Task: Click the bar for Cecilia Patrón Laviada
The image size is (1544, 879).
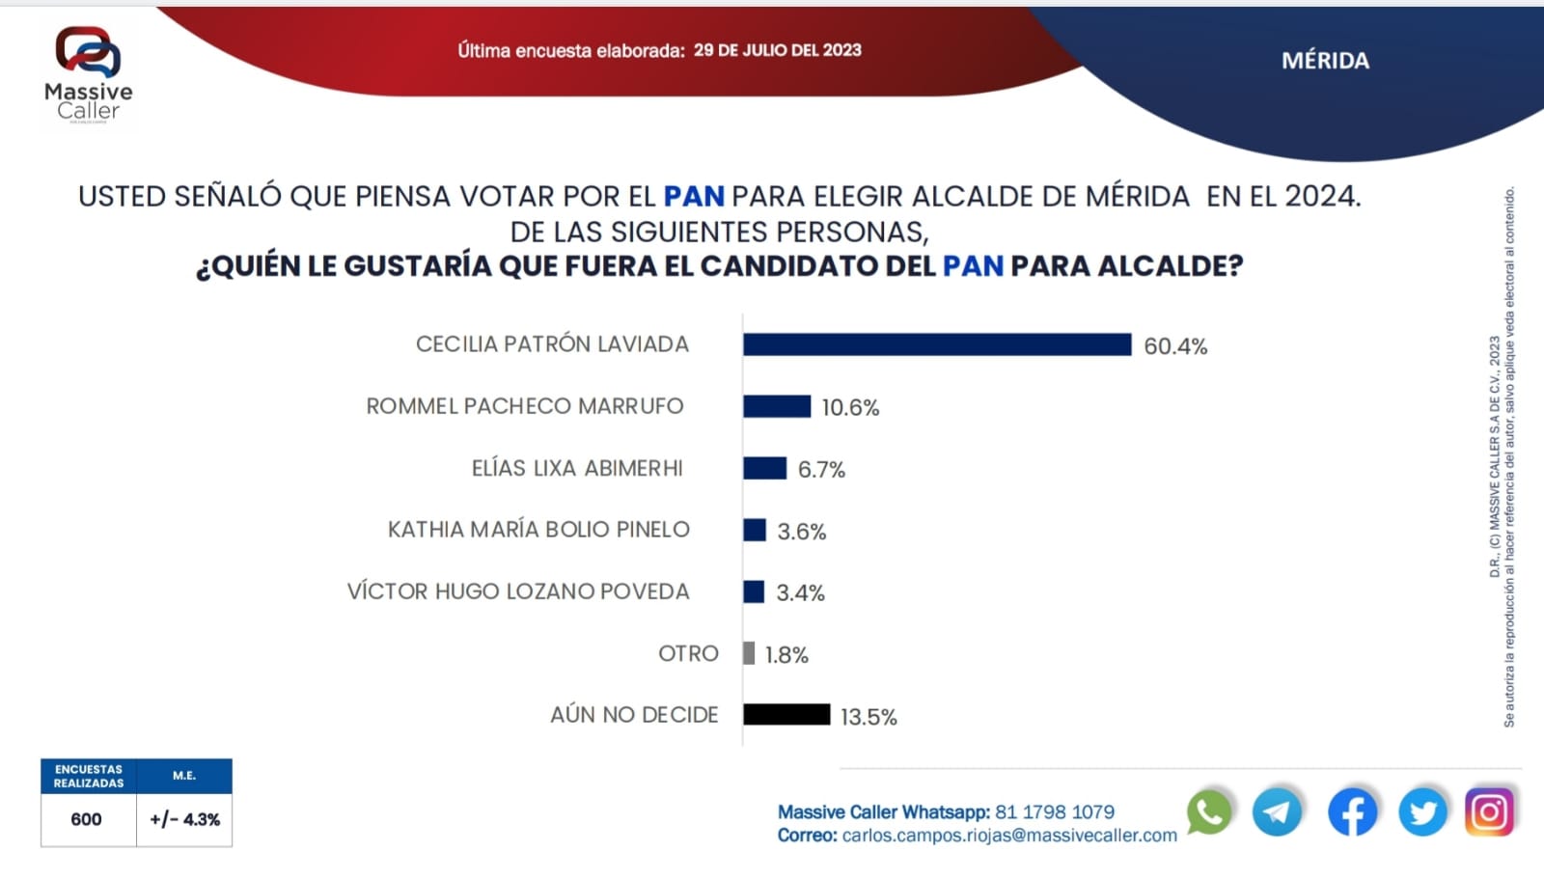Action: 936,344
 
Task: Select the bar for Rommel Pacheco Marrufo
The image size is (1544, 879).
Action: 777,406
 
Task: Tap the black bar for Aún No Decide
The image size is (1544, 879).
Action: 786,714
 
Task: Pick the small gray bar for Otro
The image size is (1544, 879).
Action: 749,653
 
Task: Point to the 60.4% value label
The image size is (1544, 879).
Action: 1175,346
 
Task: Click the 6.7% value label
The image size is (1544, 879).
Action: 821,470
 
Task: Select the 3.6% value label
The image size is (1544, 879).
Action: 802,532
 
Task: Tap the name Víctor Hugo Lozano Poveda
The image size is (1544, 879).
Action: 518,591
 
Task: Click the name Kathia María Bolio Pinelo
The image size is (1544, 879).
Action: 538,530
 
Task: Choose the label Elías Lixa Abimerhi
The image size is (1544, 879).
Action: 577,468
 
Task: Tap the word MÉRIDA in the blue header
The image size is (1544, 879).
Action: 1325,61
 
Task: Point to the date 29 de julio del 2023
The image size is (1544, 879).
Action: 777,50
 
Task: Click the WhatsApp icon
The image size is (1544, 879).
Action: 1209,811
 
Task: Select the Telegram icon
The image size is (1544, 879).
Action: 1278,811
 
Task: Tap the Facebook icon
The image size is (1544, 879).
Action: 1352,811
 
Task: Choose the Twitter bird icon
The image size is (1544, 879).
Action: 1422,811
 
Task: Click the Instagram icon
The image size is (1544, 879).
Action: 1489,811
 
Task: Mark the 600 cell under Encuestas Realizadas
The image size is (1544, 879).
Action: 87,819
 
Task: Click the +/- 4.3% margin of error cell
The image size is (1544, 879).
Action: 184,819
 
